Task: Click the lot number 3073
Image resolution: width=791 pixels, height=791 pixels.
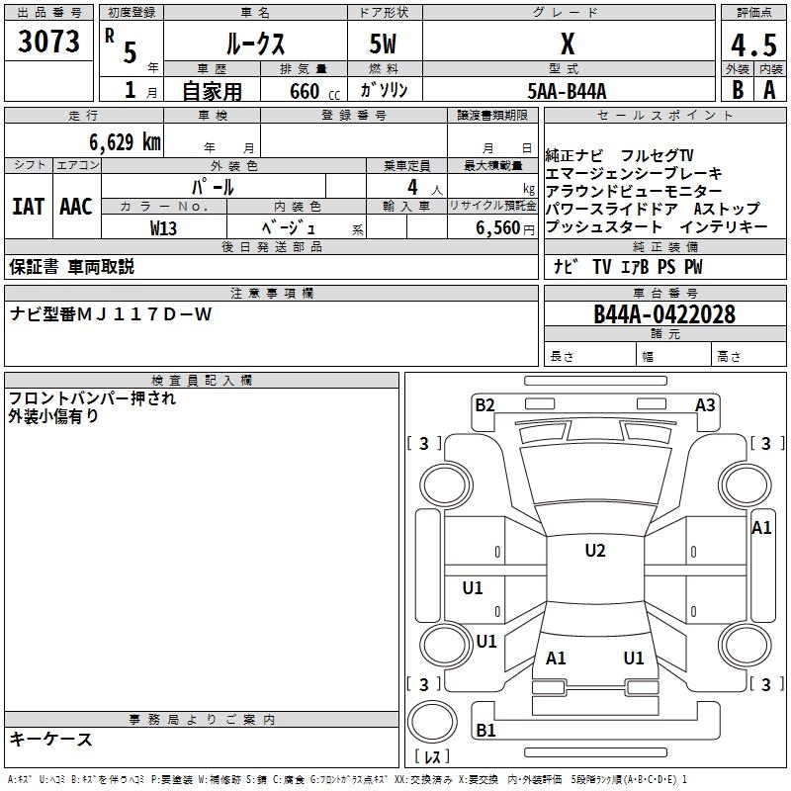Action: point(48,42)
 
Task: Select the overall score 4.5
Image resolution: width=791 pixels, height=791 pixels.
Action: point(753,44)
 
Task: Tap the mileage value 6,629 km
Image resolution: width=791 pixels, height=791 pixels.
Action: point(126,142)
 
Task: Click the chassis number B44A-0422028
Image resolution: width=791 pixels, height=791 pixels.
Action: point(664,314)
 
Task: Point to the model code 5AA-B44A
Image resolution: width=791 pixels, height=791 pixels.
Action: point(567,91)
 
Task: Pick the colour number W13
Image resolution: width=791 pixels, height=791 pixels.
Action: point(163,228)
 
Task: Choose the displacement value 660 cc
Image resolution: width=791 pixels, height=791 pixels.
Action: point(314,92)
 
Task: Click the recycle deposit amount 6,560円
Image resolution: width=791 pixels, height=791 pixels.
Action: point(505,228)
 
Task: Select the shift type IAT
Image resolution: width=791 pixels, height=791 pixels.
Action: point(29,207)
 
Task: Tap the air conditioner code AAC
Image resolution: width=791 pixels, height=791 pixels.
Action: point(76,207)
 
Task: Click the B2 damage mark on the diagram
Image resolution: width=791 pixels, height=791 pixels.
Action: point(484,405)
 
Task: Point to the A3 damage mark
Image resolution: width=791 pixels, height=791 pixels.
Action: point(705,405)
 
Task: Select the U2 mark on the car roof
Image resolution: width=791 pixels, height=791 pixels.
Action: point(595,551)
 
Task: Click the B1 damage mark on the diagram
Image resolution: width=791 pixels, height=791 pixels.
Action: point(485,730)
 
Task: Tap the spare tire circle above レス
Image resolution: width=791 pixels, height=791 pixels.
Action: point(432,722)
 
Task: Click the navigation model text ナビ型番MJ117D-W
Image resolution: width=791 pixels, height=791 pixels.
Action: point(111,314)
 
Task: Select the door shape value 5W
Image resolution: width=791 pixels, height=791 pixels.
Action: point(383,44)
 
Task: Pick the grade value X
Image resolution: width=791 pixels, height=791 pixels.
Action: point(568,44)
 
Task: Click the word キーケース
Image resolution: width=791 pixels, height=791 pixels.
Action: point(51,740)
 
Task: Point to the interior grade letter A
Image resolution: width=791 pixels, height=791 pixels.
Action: point(769,90)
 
